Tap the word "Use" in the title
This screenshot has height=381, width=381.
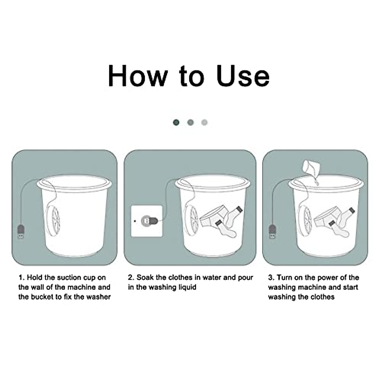(x=243, y=76)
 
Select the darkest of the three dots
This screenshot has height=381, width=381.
(x=176, y=122)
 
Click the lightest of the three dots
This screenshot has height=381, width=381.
(x=204, y=122)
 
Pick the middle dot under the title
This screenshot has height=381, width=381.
(x=190, y=122)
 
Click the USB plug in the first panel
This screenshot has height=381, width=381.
(x=21, y=231)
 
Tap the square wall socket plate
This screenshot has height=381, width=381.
(x=147, y=221)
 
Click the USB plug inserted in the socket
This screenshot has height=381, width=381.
(x=149, y=221)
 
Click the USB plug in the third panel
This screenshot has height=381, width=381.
(x=272, y=231)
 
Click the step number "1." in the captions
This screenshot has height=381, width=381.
(x=21, y=277)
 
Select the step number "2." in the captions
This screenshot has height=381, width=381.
(x=131, y=277)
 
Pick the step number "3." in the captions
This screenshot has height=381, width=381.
(x=271, y=277)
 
